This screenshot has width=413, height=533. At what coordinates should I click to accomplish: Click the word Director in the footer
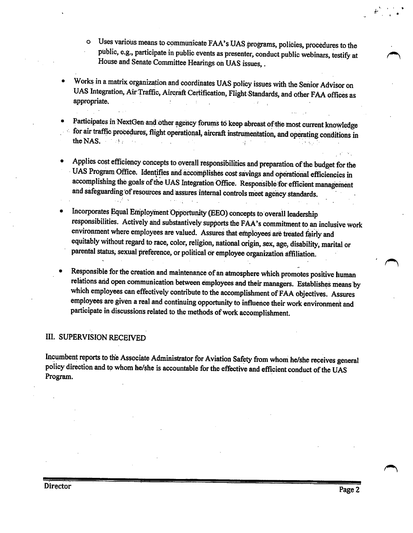tap(57, 486)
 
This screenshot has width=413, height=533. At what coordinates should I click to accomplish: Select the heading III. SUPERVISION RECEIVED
tap(95, 337)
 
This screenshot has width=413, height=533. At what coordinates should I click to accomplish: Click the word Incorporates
tap(90, 211)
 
